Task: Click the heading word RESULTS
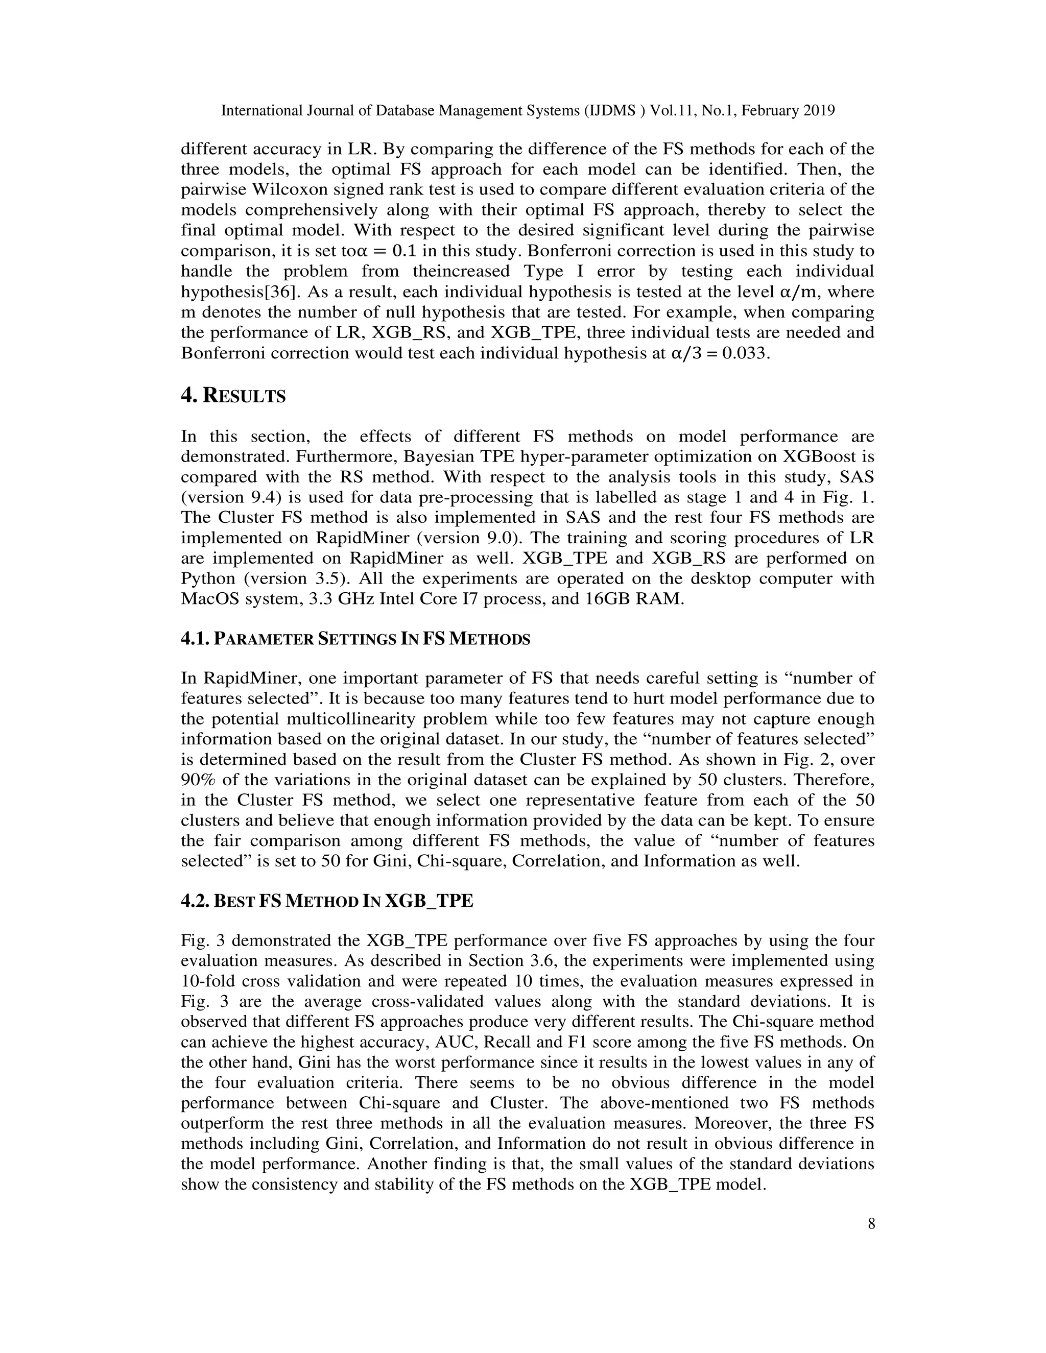[x=244, y=397]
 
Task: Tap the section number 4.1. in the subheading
[x=195, y=639]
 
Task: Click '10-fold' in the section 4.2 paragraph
[x=207, y=981]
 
